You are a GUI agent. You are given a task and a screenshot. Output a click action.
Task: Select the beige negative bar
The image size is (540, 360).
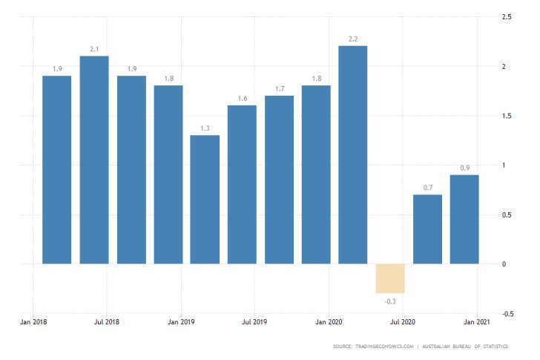(390, 278)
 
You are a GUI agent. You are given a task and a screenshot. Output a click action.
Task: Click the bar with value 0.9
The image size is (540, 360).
(464, 219)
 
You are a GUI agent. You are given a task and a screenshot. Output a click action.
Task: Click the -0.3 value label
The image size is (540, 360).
(390, 301)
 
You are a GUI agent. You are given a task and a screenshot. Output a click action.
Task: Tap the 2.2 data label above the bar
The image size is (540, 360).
(353, 39)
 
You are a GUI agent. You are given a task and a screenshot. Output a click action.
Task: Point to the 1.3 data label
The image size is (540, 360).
(205, 128)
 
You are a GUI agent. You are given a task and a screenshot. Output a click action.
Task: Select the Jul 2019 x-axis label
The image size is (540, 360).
(254, 322)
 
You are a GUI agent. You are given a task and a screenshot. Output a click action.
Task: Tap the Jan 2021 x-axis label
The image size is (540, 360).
(476, 322)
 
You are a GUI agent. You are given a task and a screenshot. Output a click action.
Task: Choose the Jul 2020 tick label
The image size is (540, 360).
(403, 322)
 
